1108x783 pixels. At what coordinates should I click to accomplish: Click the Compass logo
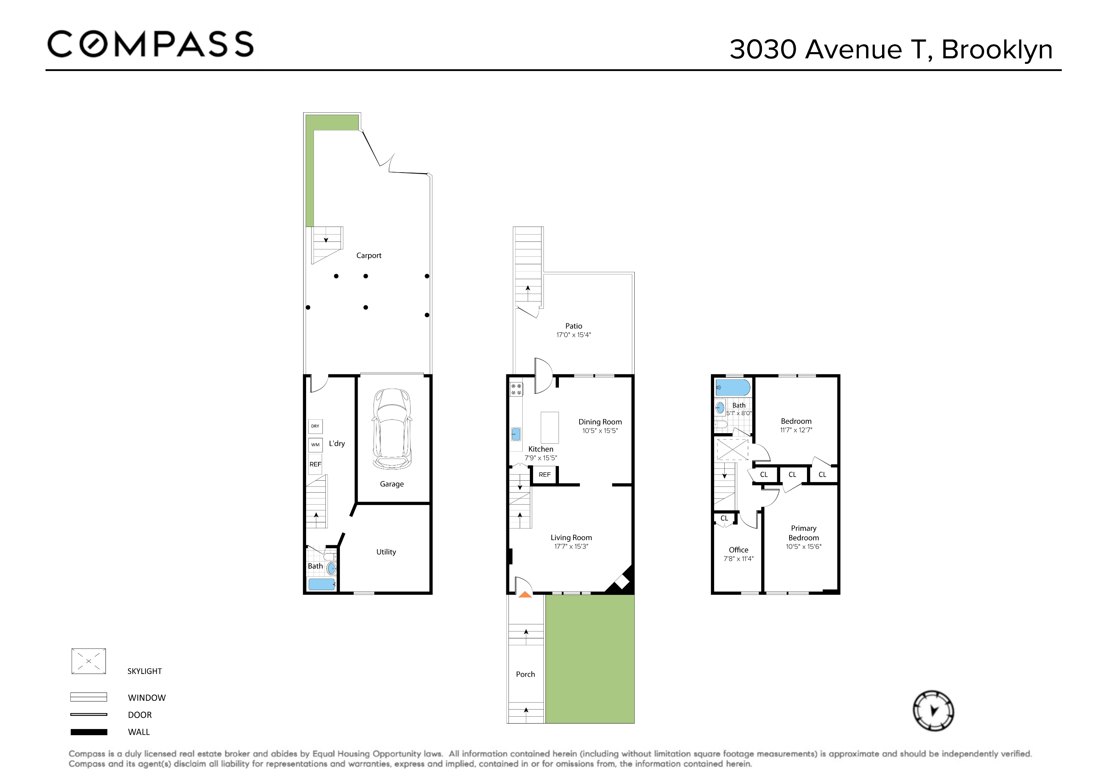(x=150, y=44)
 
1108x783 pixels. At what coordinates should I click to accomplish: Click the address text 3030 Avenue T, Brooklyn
(x=890, y=49)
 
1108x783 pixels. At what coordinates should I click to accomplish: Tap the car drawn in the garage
(x=392, y=428)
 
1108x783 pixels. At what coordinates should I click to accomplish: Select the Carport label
(x=369, y=256)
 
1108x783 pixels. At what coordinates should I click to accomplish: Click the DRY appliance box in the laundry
(x=315, y=426)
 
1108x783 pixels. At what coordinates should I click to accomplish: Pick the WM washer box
(x=315, y=445)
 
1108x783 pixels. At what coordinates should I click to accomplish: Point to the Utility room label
(x=386, y=552)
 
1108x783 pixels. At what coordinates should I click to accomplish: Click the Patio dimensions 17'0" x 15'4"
(x=573, y=335)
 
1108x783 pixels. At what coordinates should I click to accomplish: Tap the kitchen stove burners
(x=516, y=389)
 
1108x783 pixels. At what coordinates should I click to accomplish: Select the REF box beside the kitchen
(x=544, y=475)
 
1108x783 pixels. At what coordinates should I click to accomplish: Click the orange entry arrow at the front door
(x=525, y=595)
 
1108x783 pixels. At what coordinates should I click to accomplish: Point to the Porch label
(x=525, y=675)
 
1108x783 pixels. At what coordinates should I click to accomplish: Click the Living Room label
(x=571, y=538)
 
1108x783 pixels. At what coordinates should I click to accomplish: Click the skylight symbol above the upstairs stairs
(x=732, y=449)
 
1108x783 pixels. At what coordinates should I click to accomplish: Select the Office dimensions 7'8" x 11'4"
(x=738, y=559)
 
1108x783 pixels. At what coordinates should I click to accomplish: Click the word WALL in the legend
(x=139, y=732)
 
